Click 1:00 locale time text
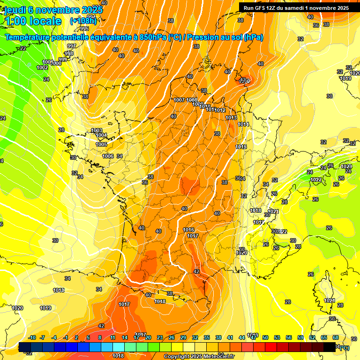[x=33, y=21]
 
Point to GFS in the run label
[x=263, y=8]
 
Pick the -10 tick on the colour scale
[x=32, y=337]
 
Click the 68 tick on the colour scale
[x=336, y=337]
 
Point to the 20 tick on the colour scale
[x=148, y=337]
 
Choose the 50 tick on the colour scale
[x=265, y=337]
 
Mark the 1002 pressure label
[x=42, y=67]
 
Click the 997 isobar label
[x=72, y=46]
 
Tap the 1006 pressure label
[x=108, y=156]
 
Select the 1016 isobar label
[x=189, y=230]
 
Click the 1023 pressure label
[x=346, y=166]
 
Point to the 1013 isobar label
[x=231, y=118]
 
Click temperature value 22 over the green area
[x=22, y=48]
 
